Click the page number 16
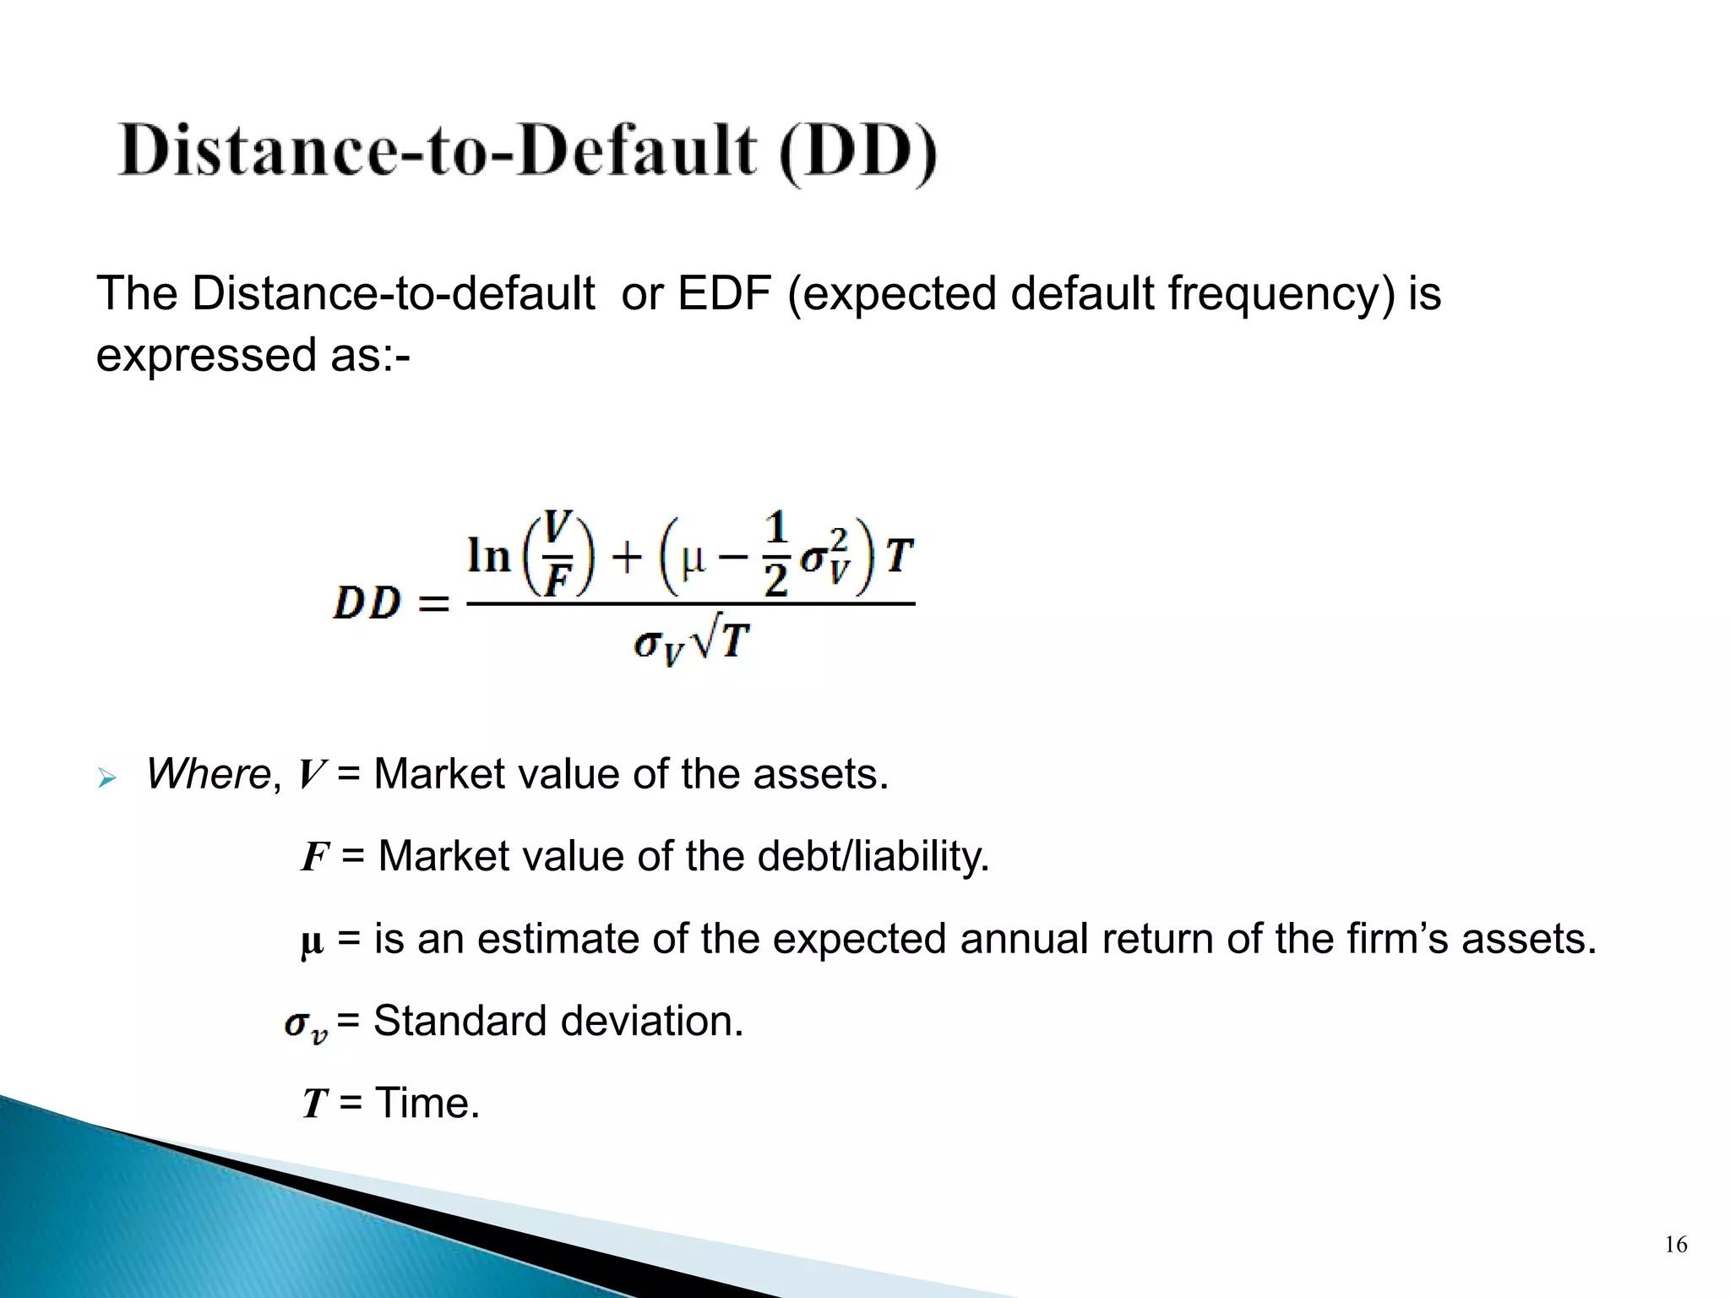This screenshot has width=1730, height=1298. click(x=1676, y=1245)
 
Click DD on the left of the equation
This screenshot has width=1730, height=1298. click(x=367, y=603)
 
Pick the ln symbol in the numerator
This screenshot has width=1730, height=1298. click(x=489, y=556)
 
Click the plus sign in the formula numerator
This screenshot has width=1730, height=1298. click(x=626, y=558)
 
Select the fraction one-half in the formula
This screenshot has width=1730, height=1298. click(x=775, y=554)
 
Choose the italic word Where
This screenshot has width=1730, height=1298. click(x=208, y=774)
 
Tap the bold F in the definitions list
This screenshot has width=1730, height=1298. click(x=314, y=857)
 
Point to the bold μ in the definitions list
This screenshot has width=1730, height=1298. click(x=312, y=941)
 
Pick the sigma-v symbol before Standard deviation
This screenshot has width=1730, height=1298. click(x=305, y=1025)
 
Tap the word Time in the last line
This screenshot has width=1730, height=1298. click(x=427, y=1104)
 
